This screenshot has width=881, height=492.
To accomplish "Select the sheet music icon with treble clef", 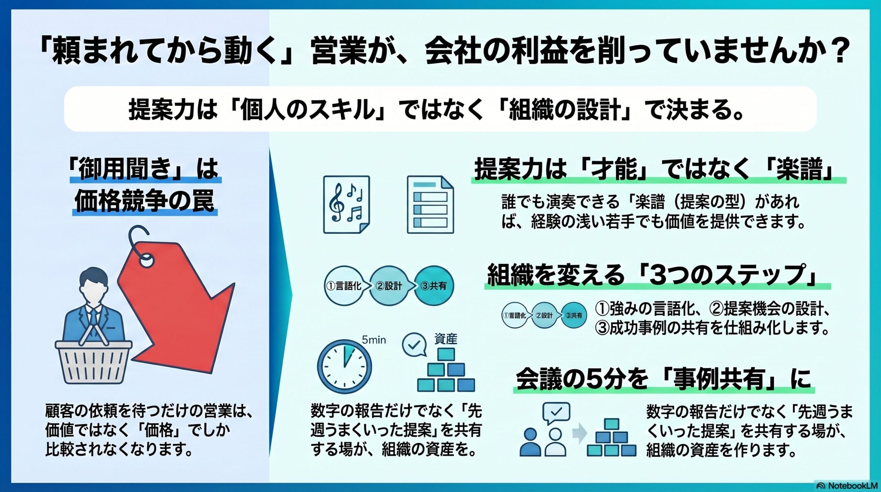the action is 346,204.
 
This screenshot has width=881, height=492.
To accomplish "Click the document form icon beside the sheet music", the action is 430,204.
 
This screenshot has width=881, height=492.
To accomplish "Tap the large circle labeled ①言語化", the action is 344,286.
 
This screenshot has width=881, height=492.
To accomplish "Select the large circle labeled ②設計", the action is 389,286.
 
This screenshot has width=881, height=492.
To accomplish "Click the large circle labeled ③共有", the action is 434,286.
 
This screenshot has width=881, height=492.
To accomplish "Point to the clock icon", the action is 345,366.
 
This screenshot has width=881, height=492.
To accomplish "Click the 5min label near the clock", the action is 374,340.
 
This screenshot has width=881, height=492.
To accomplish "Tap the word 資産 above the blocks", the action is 446,339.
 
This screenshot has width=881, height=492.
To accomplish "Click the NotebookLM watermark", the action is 848,485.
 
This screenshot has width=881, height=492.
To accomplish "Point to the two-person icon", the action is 543,442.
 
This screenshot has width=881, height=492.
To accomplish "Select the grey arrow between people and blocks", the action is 579,434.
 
